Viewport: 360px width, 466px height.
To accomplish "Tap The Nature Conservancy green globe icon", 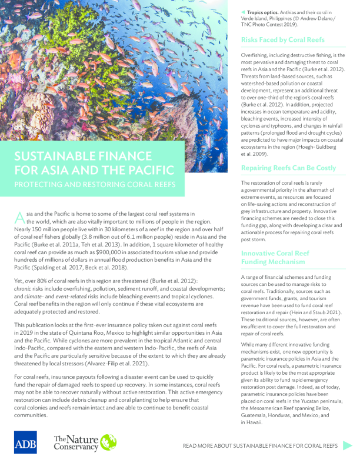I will (x=108, y=442).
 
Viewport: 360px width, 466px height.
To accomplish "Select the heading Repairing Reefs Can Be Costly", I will (x=288, y=168).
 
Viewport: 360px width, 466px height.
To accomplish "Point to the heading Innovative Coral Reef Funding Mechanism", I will (x=275, y=257).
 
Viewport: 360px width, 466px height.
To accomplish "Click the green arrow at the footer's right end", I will (x=348, y=445).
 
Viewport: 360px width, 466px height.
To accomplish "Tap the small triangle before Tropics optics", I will (x=244, y=12).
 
